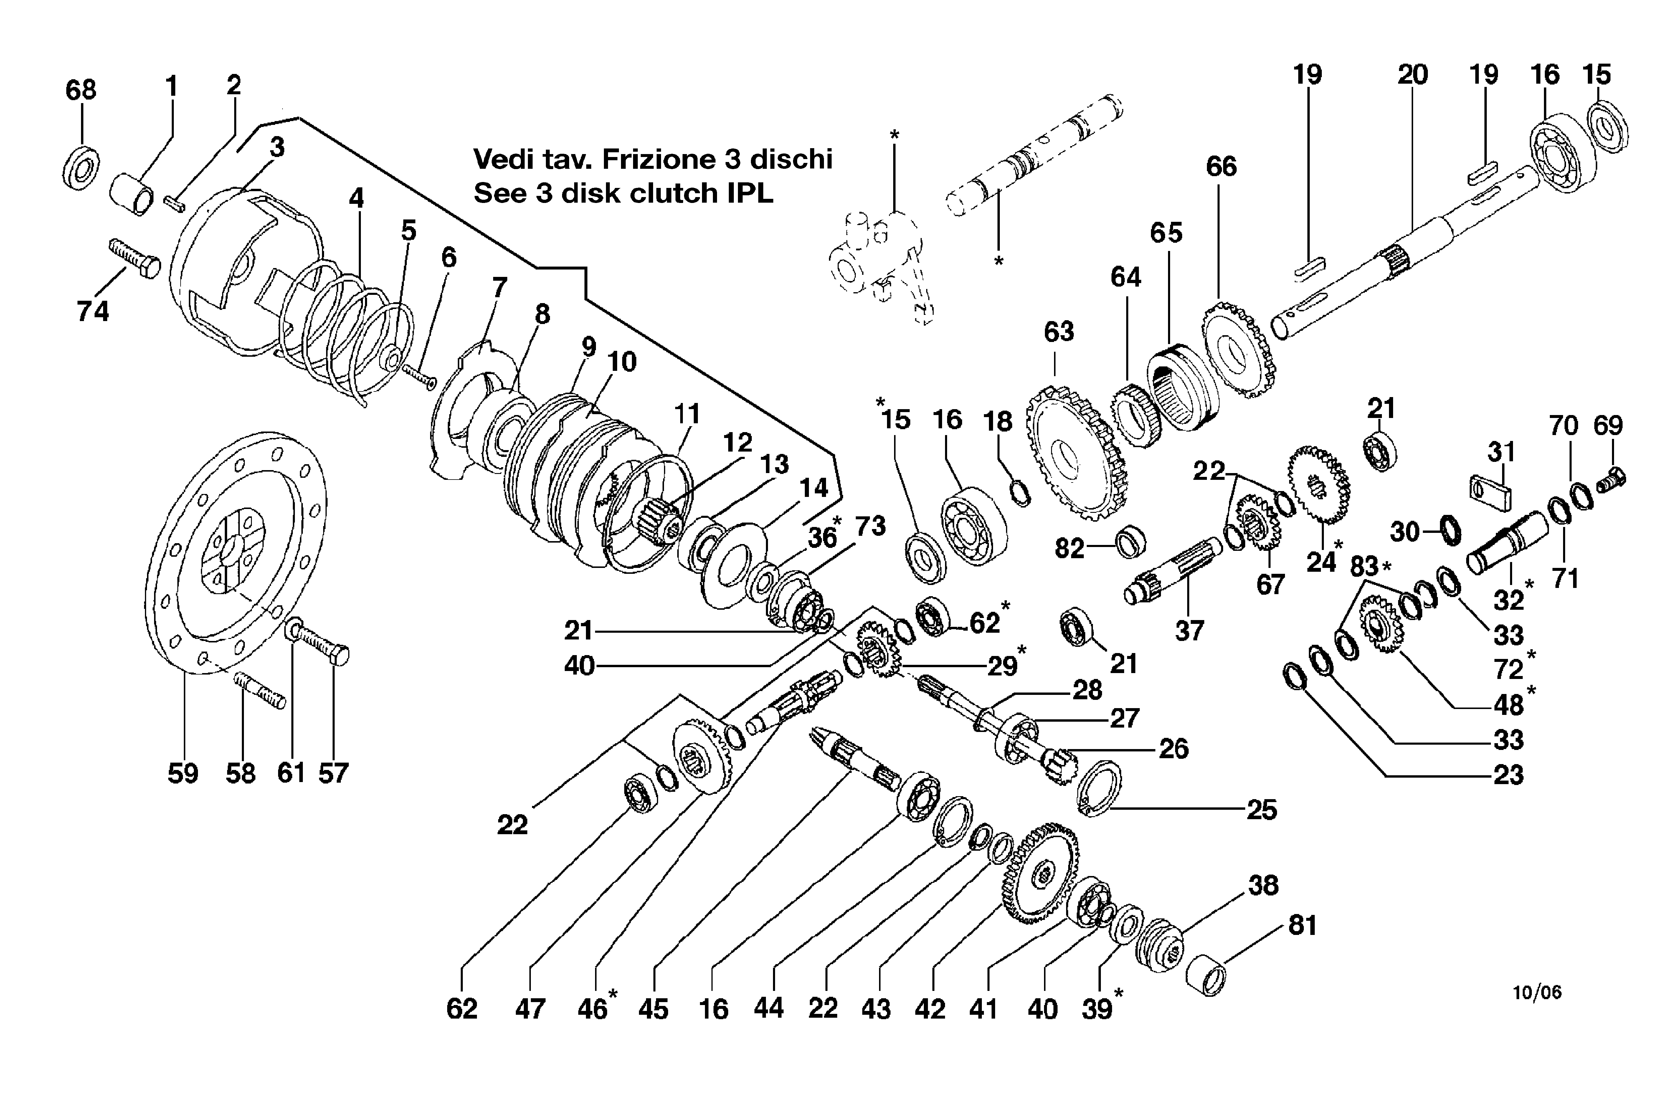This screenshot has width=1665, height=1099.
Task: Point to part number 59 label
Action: [x=183, y=774]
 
